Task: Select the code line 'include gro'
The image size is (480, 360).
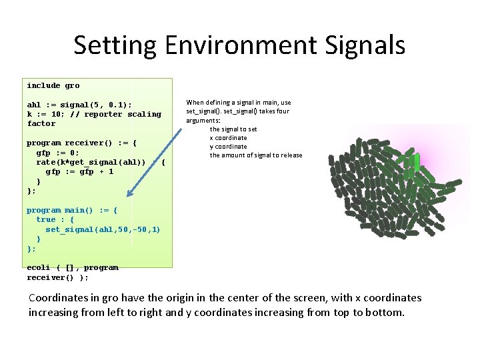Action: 53,85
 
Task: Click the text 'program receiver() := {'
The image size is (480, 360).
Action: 81,143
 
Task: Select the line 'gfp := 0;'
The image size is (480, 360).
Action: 59,153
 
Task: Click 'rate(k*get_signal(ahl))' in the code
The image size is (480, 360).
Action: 91,162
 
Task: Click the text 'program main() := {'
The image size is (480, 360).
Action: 71,210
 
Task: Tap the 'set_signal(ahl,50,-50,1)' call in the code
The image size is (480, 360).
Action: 103,229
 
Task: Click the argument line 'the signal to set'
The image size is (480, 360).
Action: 233,129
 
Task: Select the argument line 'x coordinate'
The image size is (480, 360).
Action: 228,137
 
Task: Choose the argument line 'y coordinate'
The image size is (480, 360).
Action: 228,146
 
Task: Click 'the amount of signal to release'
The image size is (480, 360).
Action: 256,155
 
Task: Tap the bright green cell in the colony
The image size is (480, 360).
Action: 417,162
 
